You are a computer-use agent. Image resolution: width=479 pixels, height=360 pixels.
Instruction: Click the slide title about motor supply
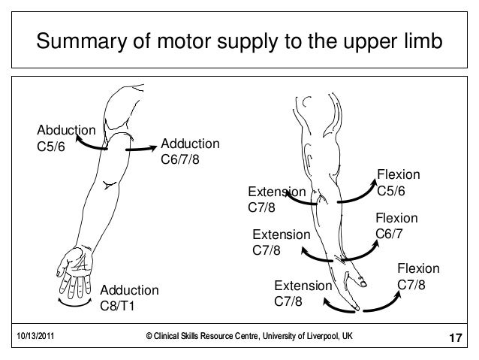(x=239, y=43)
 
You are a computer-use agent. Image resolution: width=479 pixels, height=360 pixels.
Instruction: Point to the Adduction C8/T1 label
(x=129, y=298)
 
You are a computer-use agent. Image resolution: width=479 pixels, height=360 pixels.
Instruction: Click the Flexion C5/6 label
(x=398, y=183)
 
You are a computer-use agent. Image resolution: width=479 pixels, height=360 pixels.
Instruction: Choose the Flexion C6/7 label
(x=396, y=226)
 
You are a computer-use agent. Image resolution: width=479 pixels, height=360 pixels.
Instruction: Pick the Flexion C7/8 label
(x=417, y=277)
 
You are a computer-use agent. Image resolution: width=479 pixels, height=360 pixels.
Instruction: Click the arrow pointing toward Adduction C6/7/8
(x=138, y=150)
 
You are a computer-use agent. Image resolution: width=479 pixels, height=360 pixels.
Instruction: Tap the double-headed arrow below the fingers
(x=77, y=303)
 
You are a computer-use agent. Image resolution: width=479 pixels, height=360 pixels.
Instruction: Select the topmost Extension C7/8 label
(x=276, y=199)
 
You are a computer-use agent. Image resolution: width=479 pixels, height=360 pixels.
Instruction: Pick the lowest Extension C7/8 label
(x=302, y=294)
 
